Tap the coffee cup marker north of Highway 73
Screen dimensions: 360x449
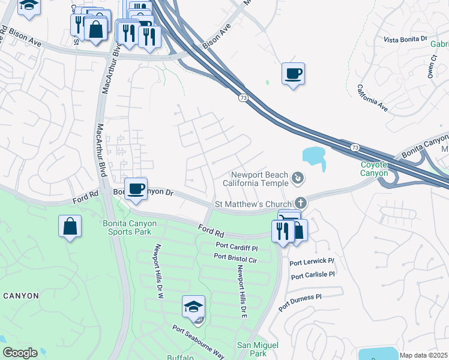(292, 74)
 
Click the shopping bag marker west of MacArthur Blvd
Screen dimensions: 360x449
(70, 227)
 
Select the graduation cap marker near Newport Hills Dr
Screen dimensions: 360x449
(194, 307)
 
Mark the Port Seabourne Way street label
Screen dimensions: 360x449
(198, 342)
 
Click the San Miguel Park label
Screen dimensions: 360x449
(258, 349)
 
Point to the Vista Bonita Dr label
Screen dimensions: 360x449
(405, 39)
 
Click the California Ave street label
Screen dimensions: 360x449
(373, 98)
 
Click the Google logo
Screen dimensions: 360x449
(20, 353)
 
